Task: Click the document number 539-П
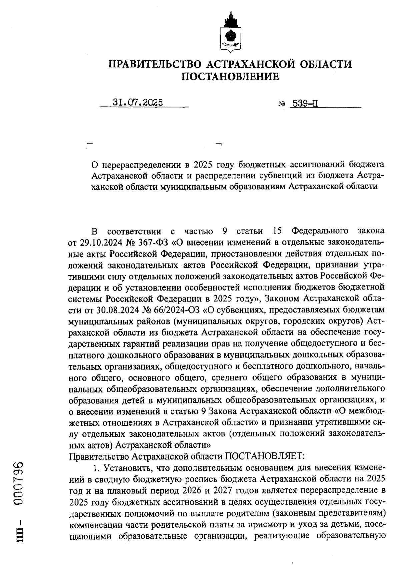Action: coord(303,104)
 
